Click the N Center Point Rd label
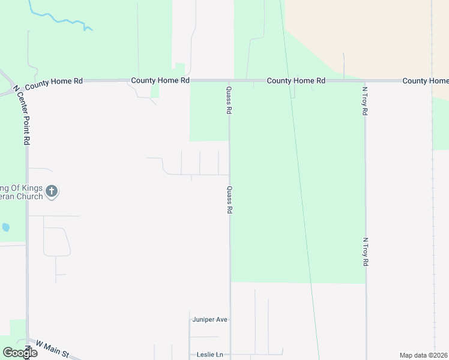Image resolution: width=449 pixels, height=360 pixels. (x=26, y=113)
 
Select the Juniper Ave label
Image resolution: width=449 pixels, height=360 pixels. (x=210, y=320)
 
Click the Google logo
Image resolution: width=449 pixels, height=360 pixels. (x=20, y=353)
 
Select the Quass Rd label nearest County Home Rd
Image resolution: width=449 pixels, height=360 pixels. (x=229, y=100)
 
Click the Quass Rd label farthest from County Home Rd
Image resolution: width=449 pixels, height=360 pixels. (x=229, y=200)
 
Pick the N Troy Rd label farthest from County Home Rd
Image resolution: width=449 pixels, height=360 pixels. (x=365, y=253)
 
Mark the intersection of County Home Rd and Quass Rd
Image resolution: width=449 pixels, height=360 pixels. (x=229, y=80)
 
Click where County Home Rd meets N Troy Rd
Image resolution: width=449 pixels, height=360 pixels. (x=365, y=80)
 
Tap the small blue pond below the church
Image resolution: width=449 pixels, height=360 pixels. (x=6, y=227)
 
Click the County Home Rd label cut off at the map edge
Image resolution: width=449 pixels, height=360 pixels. (x=425, y=80)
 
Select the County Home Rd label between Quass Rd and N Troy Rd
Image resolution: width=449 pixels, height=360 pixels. (x=296, y=80)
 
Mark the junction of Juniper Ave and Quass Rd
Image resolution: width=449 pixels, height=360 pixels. (x=230, y=320)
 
